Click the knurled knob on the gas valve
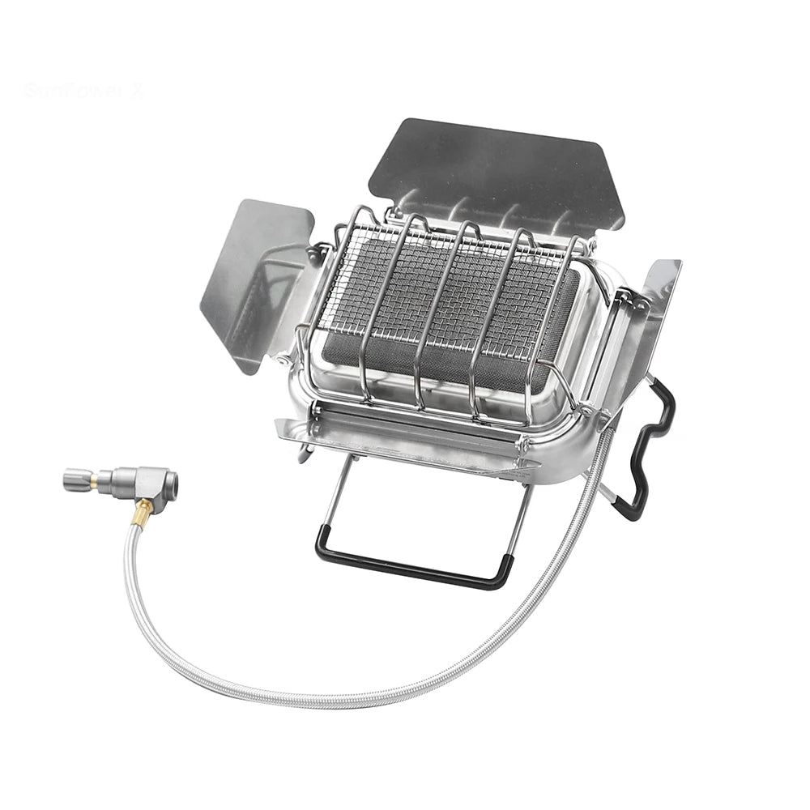point(77,480)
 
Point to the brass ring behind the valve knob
point(95,480)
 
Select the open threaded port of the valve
point(168,484)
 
